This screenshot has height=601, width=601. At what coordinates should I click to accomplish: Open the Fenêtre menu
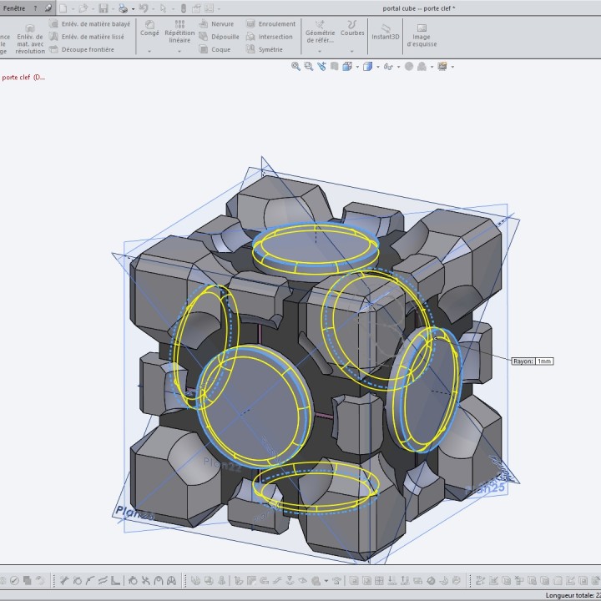tap(14, 8)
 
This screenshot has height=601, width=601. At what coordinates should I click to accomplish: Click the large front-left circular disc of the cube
tap(250, 406)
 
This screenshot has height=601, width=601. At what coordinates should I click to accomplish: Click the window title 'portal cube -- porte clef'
tap(431, 8)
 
